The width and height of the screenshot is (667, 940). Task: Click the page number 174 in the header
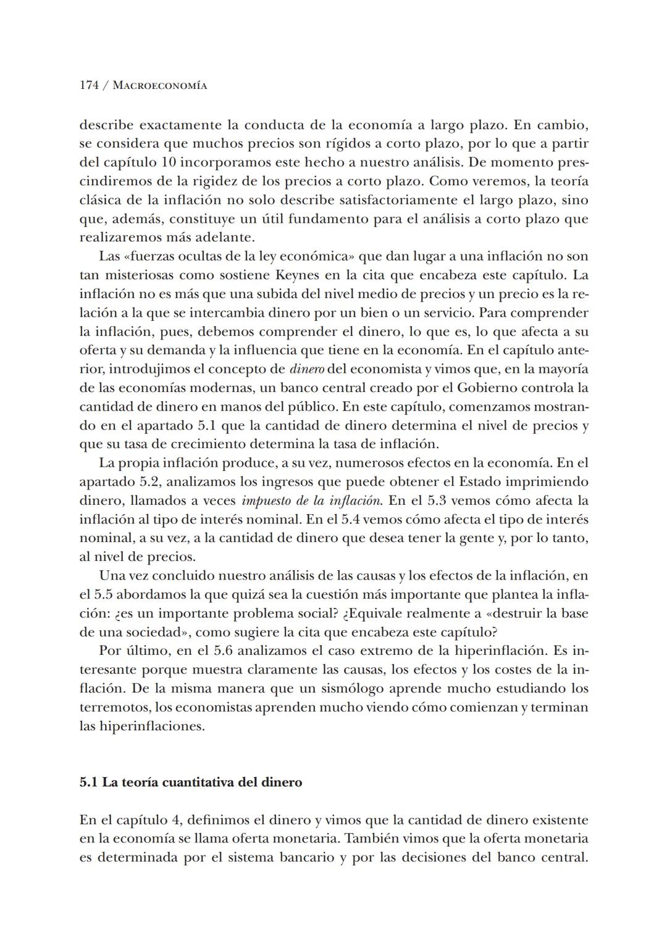(x=89, y=86)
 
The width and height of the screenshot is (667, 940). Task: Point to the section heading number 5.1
(x=88, y=783)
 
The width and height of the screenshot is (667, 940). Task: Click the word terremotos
(x=114, y=707)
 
